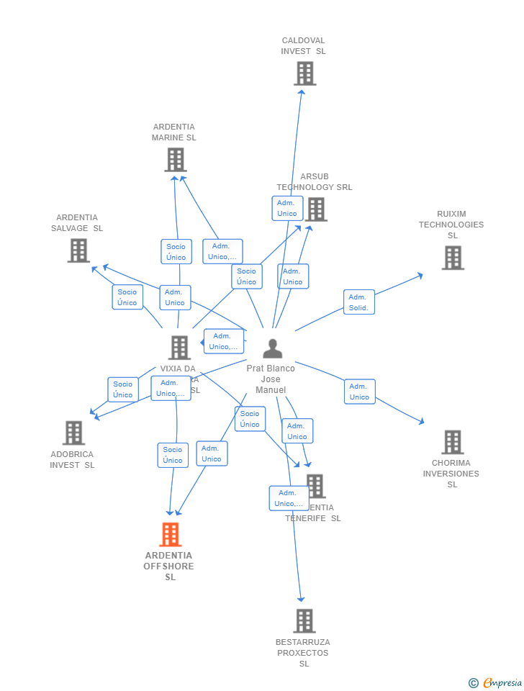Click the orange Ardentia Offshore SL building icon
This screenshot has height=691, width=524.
[170, 535]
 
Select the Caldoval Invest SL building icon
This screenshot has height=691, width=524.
[304, 73]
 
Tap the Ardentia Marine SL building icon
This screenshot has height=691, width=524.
[175, 160]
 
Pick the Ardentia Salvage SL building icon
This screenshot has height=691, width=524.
[78, 250]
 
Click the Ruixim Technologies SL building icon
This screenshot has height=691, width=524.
[453, 258]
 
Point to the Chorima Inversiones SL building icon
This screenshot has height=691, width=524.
[452, 442]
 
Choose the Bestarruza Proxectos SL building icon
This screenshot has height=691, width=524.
[304, 620]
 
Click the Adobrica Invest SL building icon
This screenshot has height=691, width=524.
[73, 433]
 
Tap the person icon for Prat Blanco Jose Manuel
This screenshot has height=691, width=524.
[272, 348]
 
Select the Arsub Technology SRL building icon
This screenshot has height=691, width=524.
[315, 209]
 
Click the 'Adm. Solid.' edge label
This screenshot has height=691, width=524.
[358, 302]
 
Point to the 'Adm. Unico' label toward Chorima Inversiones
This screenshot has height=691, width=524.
[359, 392]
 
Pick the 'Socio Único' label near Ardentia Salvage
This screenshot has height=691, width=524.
[127, 297]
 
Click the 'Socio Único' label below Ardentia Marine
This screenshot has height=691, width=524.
[176, 252]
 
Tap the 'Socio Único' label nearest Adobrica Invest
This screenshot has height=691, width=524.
[123, 389]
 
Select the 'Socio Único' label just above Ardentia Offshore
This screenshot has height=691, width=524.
[173, 455]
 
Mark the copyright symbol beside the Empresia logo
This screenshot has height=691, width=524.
[474, 683]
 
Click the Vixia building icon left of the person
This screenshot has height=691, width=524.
[179, 348]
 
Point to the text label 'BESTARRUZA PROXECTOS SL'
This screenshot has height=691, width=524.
[303, 653]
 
